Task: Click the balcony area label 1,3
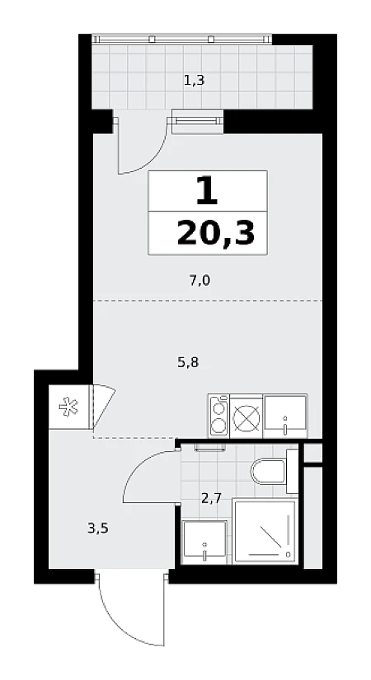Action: click(195, 81)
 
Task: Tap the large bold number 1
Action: click(207, 191)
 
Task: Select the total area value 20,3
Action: click(215, 233)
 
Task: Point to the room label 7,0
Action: click(200, 281)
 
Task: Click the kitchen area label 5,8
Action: click(188, 361)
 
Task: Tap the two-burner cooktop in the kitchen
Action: click(219, 417)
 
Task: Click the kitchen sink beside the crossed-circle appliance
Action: click(285, 417)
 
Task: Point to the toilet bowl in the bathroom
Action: click(269, 471)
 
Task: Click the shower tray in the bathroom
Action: click(265, 531)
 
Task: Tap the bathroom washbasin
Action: click(204, 543)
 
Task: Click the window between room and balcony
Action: click(198, 121)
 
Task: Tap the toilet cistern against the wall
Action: click(293, 471)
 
